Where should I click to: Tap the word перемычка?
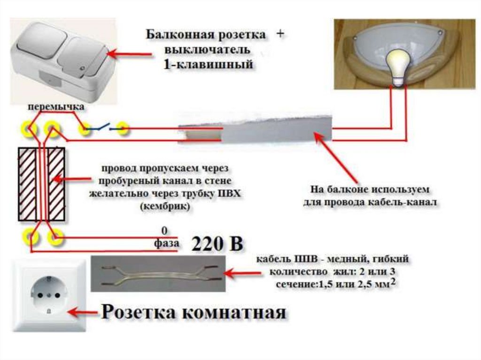pyautogui.click(x=56, y=107)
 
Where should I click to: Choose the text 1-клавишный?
pyautogui.click(x=207, y=65)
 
